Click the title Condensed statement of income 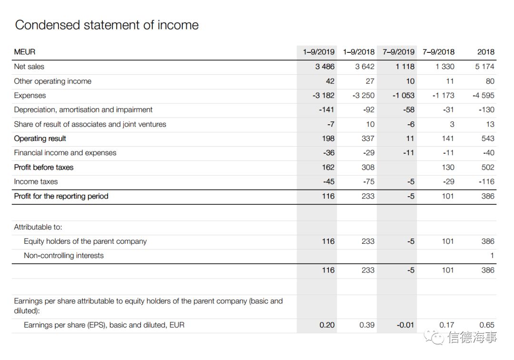tap(107, 25)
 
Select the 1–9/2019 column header tap(318, 52)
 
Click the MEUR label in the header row tap(25, 52)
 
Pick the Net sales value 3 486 tap(325, 67)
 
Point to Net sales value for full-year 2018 tap(484, 67)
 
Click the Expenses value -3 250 tap(364, 95)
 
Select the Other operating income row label tap(52, 81)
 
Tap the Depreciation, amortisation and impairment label tap(83, 110)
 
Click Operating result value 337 tap(368, 139)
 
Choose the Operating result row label tap(40, 139)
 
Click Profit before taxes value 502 tap(488, 167)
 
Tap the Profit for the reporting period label tap(61, 196)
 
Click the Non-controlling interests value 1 tap(492, 256)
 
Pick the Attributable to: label tap(38, 227)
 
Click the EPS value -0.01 tap(405, 325)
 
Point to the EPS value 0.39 tap(367, 325)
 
